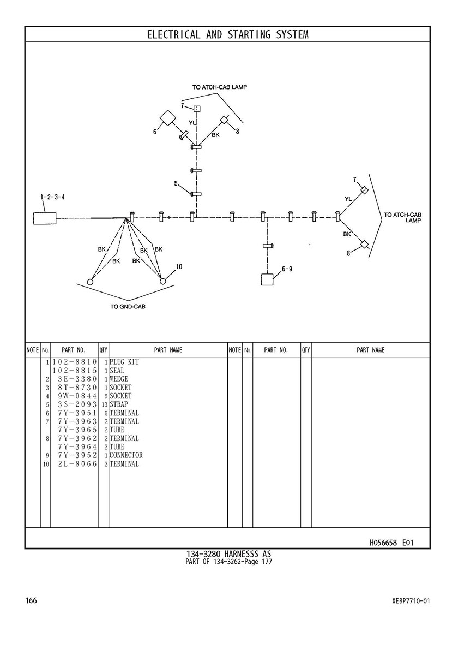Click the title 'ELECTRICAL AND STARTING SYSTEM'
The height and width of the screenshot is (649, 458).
[x=227, y=35]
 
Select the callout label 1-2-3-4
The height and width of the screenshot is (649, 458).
[x=53, y=197]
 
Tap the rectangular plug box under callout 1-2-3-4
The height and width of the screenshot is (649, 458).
[x=45, y=218]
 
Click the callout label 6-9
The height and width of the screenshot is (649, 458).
[x=287, y=268]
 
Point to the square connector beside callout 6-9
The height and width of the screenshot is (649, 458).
[x=268, y=279]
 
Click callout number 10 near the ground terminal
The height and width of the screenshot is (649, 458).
[x=179, y=267]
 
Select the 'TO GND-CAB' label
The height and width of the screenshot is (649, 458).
[x=128, y=307]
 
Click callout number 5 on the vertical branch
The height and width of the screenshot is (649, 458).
[x=176, y=184]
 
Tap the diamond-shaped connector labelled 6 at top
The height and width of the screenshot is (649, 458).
[x=167, y=119]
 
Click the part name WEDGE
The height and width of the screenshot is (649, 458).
[x=119, y=379]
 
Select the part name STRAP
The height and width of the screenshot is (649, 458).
[x=119, y=404]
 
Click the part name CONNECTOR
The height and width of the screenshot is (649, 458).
[x=126, y=455]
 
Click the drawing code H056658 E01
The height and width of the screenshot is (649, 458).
[x=391, y=543]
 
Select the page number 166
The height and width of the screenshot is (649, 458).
[x=31, y=601]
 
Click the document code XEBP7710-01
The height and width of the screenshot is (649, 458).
[x=411, y=602]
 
